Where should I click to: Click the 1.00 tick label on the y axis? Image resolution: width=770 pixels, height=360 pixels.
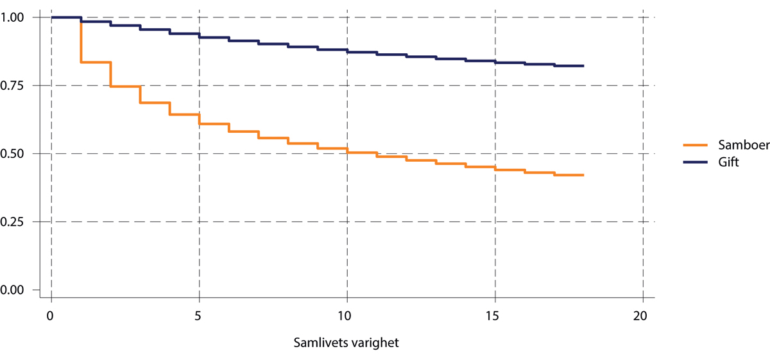pos(12,17)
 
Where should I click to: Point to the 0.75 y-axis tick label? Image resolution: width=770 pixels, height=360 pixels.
pos(12,85)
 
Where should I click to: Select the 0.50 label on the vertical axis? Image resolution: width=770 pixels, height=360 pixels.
pos(12,153)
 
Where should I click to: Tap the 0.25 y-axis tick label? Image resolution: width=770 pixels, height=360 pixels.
pos(12,221)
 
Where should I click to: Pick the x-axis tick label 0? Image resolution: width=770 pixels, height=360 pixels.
pos(51,316)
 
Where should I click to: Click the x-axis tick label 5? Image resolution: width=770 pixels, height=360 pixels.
pos(199,316)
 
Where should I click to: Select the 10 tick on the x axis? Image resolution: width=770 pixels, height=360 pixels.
pos(346,316)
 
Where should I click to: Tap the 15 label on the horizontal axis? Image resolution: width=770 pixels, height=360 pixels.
pos(495,316)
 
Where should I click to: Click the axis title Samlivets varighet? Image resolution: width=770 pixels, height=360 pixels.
pos(346,343)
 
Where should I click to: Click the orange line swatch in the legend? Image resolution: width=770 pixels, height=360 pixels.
pos(694,146)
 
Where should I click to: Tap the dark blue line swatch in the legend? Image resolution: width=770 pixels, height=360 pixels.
pos(694,162)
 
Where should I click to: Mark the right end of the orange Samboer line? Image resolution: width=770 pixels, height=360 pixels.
pos(583,175)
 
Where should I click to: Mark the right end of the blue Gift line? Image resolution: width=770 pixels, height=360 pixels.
pos(583,65)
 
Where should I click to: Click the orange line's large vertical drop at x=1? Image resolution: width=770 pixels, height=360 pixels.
pos(81,42)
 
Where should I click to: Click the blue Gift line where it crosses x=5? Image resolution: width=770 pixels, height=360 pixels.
pos(199,35)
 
